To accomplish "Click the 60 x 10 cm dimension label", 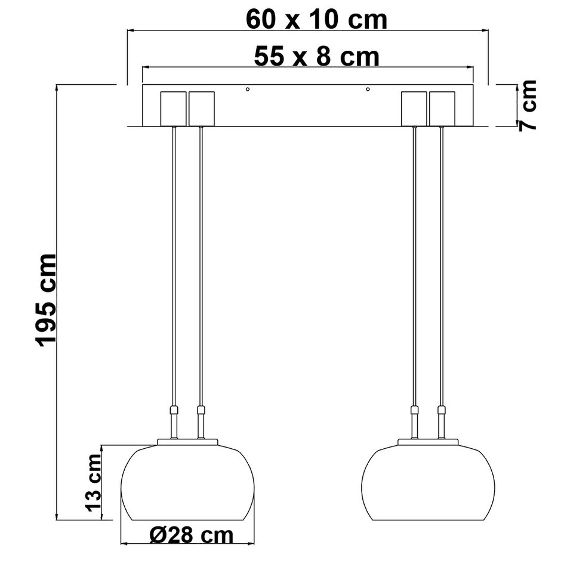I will (x=316, y=19).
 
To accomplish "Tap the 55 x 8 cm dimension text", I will (x=316, y=57).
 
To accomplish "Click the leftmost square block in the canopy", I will (x=174, y=108).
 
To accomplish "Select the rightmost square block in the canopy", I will (x=442, y=108).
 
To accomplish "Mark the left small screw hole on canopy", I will (x=248, y=90).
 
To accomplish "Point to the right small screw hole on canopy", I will (x=368, y=90).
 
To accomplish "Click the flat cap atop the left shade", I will (x=188, y=442).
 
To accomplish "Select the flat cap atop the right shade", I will (x=428, y=442).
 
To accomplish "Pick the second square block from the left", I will (x=201, y=108).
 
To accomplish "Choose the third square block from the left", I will (x=414, y=108).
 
